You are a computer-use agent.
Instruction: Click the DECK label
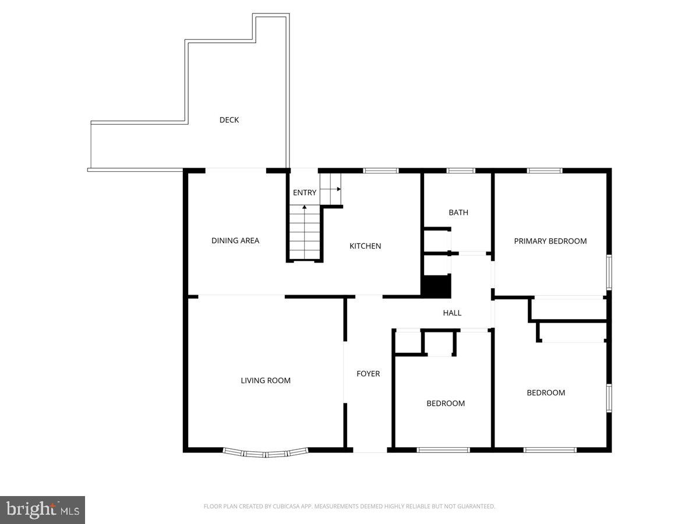[x=229, y=120]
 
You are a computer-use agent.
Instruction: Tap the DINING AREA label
[x=235, y=240]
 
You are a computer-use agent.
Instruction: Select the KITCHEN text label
[x=365, y=246]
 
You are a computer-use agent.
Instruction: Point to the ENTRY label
[x=304, y=193]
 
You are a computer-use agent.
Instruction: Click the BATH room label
[x=458, y=213]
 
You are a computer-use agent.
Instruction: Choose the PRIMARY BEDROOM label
[x=550, y=241]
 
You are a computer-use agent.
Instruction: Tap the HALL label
[x=452, y=313]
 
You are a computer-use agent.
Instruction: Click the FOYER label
[x=368, y=374]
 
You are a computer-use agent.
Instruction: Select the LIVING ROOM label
[x=266, y=381]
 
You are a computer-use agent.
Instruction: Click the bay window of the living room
[x=266, y=452]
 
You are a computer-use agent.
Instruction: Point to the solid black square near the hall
[x=436, y=286]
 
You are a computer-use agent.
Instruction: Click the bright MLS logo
[x=43, y=509]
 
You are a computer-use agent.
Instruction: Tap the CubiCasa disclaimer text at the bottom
[x=349, y=507]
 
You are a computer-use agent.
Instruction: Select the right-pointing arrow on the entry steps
[x=337, y=189]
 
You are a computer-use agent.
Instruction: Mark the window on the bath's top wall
[x=461, y=171]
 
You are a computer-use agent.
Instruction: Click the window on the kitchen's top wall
[x=381, y=171]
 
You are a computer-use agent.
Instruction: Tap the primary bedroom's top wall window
[x=545, y=171]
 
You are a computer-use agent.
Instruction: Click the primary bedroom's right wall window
[x=609, y=272]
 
